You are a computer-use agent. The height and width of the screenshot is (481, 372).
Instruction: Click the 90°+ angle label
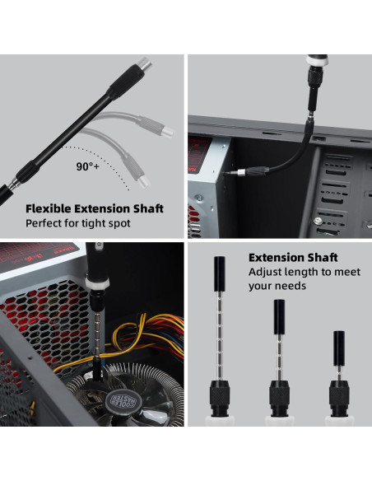coord(87,166)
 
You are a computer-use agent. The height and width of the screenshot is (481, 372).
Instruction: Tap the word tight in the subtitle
coord(92,223)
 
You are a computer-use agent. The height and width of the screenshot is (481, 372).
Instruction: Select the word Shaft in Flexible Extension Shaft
coord(148,208)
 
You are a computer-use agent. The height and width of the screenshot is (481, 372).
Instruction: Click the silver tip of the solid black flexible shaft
coord(144,64)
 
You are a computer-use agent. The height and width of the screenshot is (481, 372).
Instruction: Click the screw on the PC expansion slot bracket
coord(319,220)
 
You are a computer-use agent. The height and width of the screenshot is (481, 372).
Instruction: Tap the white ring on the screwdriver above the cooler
coord(97,284)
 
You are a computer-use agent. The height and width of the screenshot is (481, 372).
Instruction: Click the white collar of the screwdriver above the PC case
coord(318,61)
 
